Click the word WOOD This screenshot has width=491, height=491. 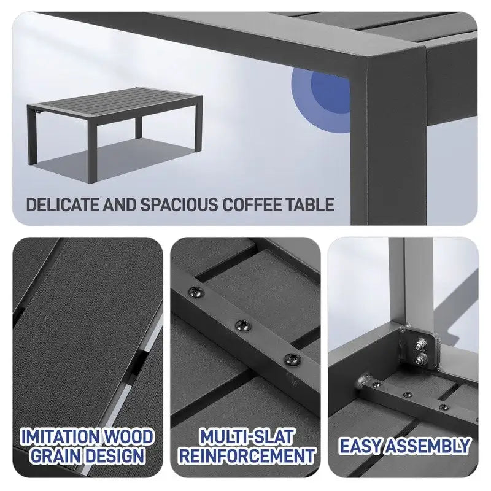130,437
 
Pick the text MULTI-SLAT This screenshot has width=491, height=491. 247,437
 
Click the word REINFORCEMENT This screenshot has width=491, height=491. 247,455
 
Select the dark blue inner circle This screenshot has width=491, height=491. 330,94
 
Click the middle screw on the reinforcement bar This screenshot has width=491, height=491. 243,325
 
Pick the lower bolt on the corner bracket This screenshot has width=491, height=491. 422,359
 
